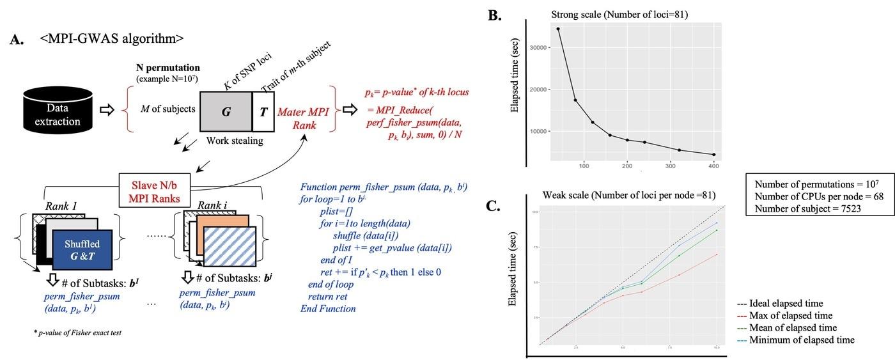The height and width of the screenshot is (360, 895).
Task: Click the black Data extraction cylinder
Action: tap(62, 110)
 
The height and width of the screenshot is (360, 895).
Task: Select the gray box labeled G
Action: tap(226, 110)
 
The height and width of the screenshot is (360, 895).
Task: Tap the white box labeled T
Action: tap(263, 110)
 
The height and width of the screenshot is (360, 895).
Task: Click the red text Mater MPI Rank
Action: tap(303, 119)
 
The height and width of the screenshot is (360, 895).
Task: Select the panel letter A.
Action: tap(17, 40)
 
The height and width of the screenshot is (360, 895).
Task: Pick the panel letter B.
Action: tap(495, 13)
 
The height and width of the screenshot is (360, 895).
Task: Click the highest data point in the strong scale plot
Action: tap(558, 29)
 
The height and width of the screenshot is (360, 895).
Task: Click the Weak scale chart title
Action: tap(629, 195)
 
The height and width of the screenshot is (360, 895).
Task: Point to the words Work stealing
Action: tap(234, 140)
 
